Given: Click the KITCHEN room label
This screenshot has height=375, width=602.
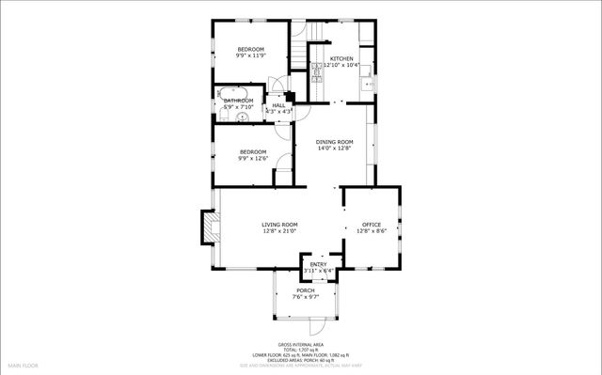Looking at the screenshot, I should coord(341,58).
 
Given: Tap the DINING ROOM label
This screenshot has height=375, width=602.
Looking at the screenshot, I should coord(334,142).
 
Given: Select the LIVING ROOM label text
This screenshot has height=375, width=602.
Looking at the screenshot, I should coord(279,225).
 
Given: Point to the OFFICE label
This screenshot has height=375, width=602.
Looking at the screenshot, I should coord(372,225).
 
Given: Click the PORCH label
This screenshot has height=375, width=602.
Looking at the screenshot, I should coord(306,290).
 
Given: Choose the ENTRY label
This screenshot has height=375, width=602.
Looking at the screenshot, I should coord(320,266).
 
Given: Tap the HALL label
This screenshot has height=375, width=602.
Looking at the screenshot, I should coord(278,105).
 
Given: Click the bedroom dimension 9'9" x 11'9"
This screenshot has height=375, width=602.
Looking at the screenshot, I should coord(250,56).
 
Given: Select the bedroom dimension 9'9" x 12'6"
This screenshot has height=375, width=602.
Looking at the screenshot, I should coord(252,159).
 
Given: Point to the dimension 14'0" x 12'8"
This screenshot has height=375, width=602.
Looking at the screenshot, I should coord(334,148).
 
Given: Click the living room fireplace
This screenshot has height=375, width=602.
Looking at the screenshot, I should coord(206,226).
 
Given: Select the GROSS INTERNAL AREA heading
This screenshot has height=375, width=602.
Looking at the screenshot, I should coord(300,344).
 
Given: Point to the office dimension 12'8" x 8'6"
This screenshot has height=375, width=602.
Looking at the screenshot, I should coord(372,231).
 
